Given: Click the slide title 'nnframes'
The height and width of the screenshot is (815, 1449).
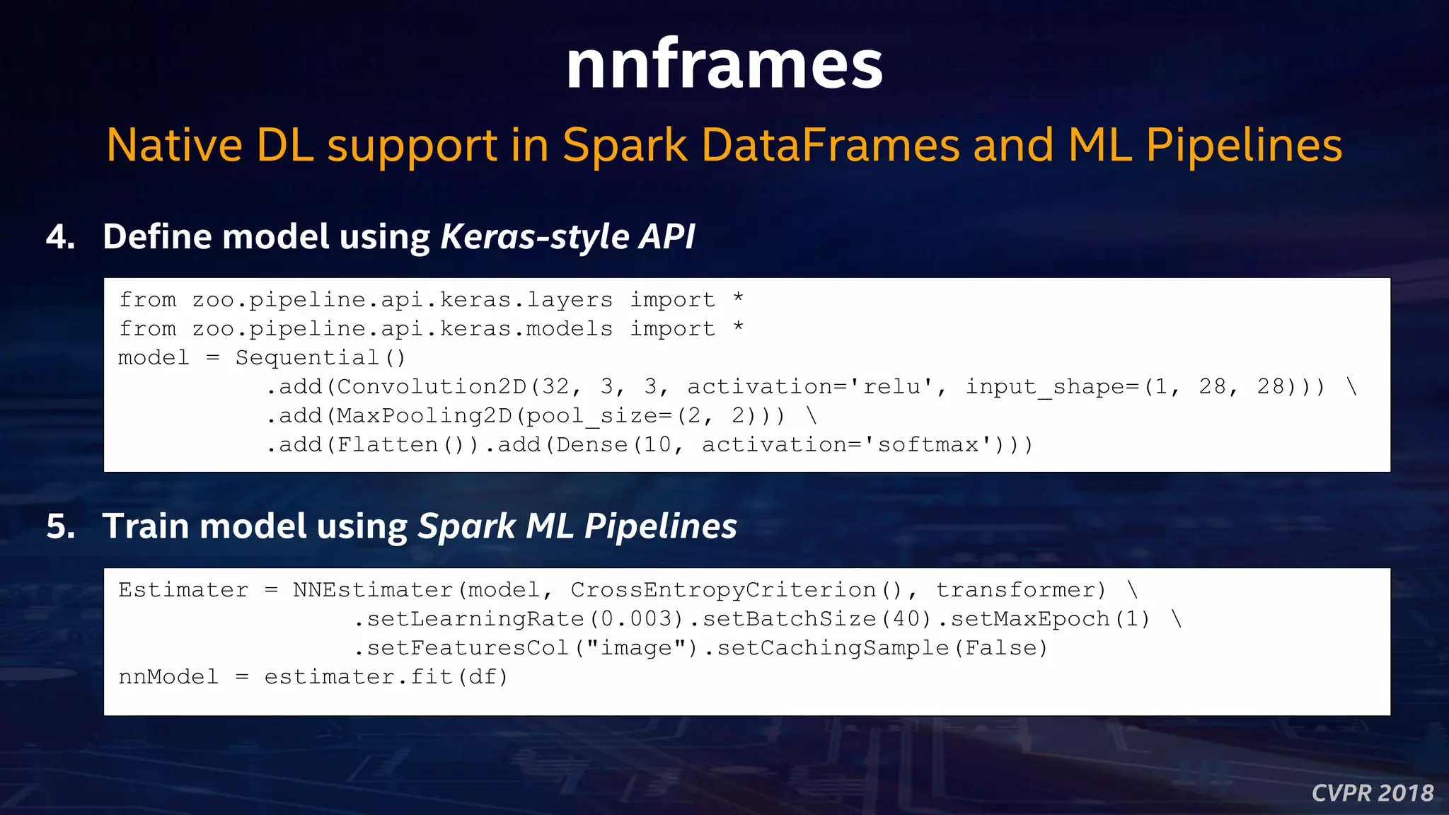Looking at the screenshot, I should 724,65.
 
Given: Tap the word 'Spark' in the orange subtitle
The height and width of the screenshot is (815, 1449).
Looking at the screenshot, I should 625,146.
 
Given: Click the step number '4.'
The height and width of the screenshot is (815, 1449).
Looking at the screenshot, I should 61,237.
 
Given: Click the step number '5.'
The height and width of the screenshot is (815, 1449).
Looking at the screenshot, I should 61,527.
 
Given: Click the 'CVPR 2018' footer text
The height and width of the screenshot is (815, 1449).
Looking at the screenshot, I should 1372,793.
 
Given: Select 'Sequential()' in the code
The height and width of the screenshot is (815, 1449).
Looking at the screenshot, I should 321,358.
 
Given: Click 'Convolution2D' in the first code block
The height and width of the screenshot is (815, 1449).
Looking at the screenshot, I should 432,387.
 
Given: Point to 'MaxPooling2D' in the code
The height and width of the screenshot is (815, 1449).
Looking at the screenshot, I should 425,416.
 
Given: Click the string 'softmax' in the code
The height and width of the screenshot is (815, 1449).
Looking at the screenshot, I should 928,445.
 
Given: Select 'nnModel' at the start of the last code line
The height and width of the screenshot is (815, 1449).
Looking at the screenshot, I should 168,677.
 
